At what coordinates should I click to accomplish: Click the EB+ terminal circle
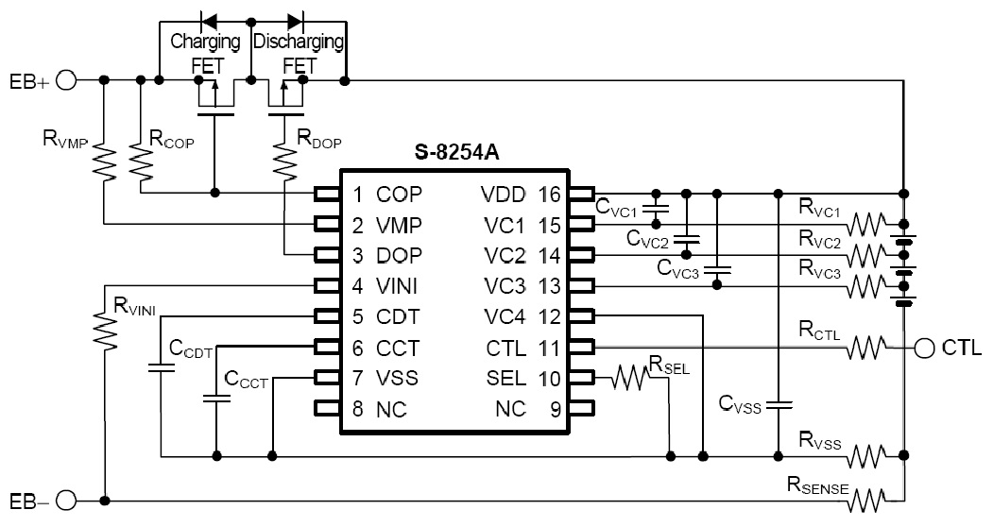point(66,81)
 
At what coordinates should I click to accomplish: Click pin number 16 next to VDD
point(550,195)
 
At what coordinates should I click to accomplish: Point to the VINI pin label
point(398,285)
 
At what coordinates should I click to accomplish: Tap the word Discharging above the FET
point(299,42)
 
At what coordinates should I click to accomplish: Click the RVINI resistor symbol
point(102,326)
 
